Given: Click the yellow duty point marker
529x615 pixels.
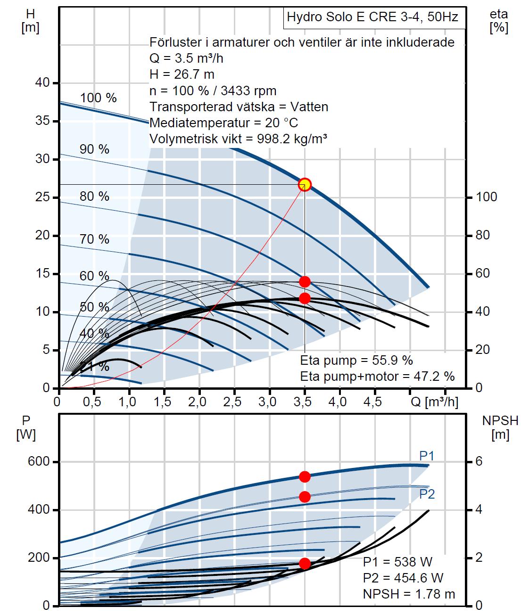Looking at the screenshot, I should (305, 184).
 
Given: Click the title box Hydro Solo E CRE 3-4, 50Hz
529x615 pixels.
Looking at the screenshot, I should (372, 18).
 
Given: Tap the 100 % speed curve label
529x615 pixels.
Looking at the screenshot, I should (98, 98).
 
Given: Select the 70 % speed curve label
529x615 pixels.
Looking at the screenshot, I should (94, 239).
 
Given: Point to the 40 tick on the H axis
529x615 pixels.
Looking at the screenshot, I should (42, 83).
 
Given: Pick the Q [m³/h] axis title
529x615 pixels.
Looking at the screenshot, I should (434, 402).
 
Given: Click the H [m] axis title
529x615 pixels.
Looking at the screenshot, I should (30, 21).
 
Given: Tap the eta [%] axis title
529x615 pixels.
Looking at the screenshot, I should (499, 21).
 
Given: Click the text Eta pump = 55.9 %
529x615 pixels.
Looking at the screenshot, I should (356, 361).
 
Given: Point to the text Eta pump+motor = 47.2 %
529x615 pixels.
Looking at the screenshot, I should (377, 376).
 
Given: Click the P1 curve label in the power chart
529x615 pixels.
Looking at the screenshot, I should (427, 456).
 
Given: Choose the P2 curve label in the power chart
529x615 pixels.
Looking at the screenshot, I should (427, 494).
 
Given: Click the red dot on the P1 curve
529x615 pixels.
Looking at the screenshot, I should (305, 477).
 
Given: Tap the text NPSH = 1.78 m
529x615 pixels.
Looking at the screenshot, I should (409, 594).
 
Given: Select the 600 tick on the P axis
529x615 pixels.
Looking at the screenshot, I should (39, 462).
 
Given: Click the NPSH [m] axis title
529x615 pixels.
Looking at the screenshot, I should (500, 427).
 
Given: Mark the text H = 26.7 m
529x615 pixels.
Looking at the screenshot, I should (182, 74).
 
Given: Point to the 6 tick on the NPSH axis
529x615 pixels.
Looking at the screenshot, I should (479, 462).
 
